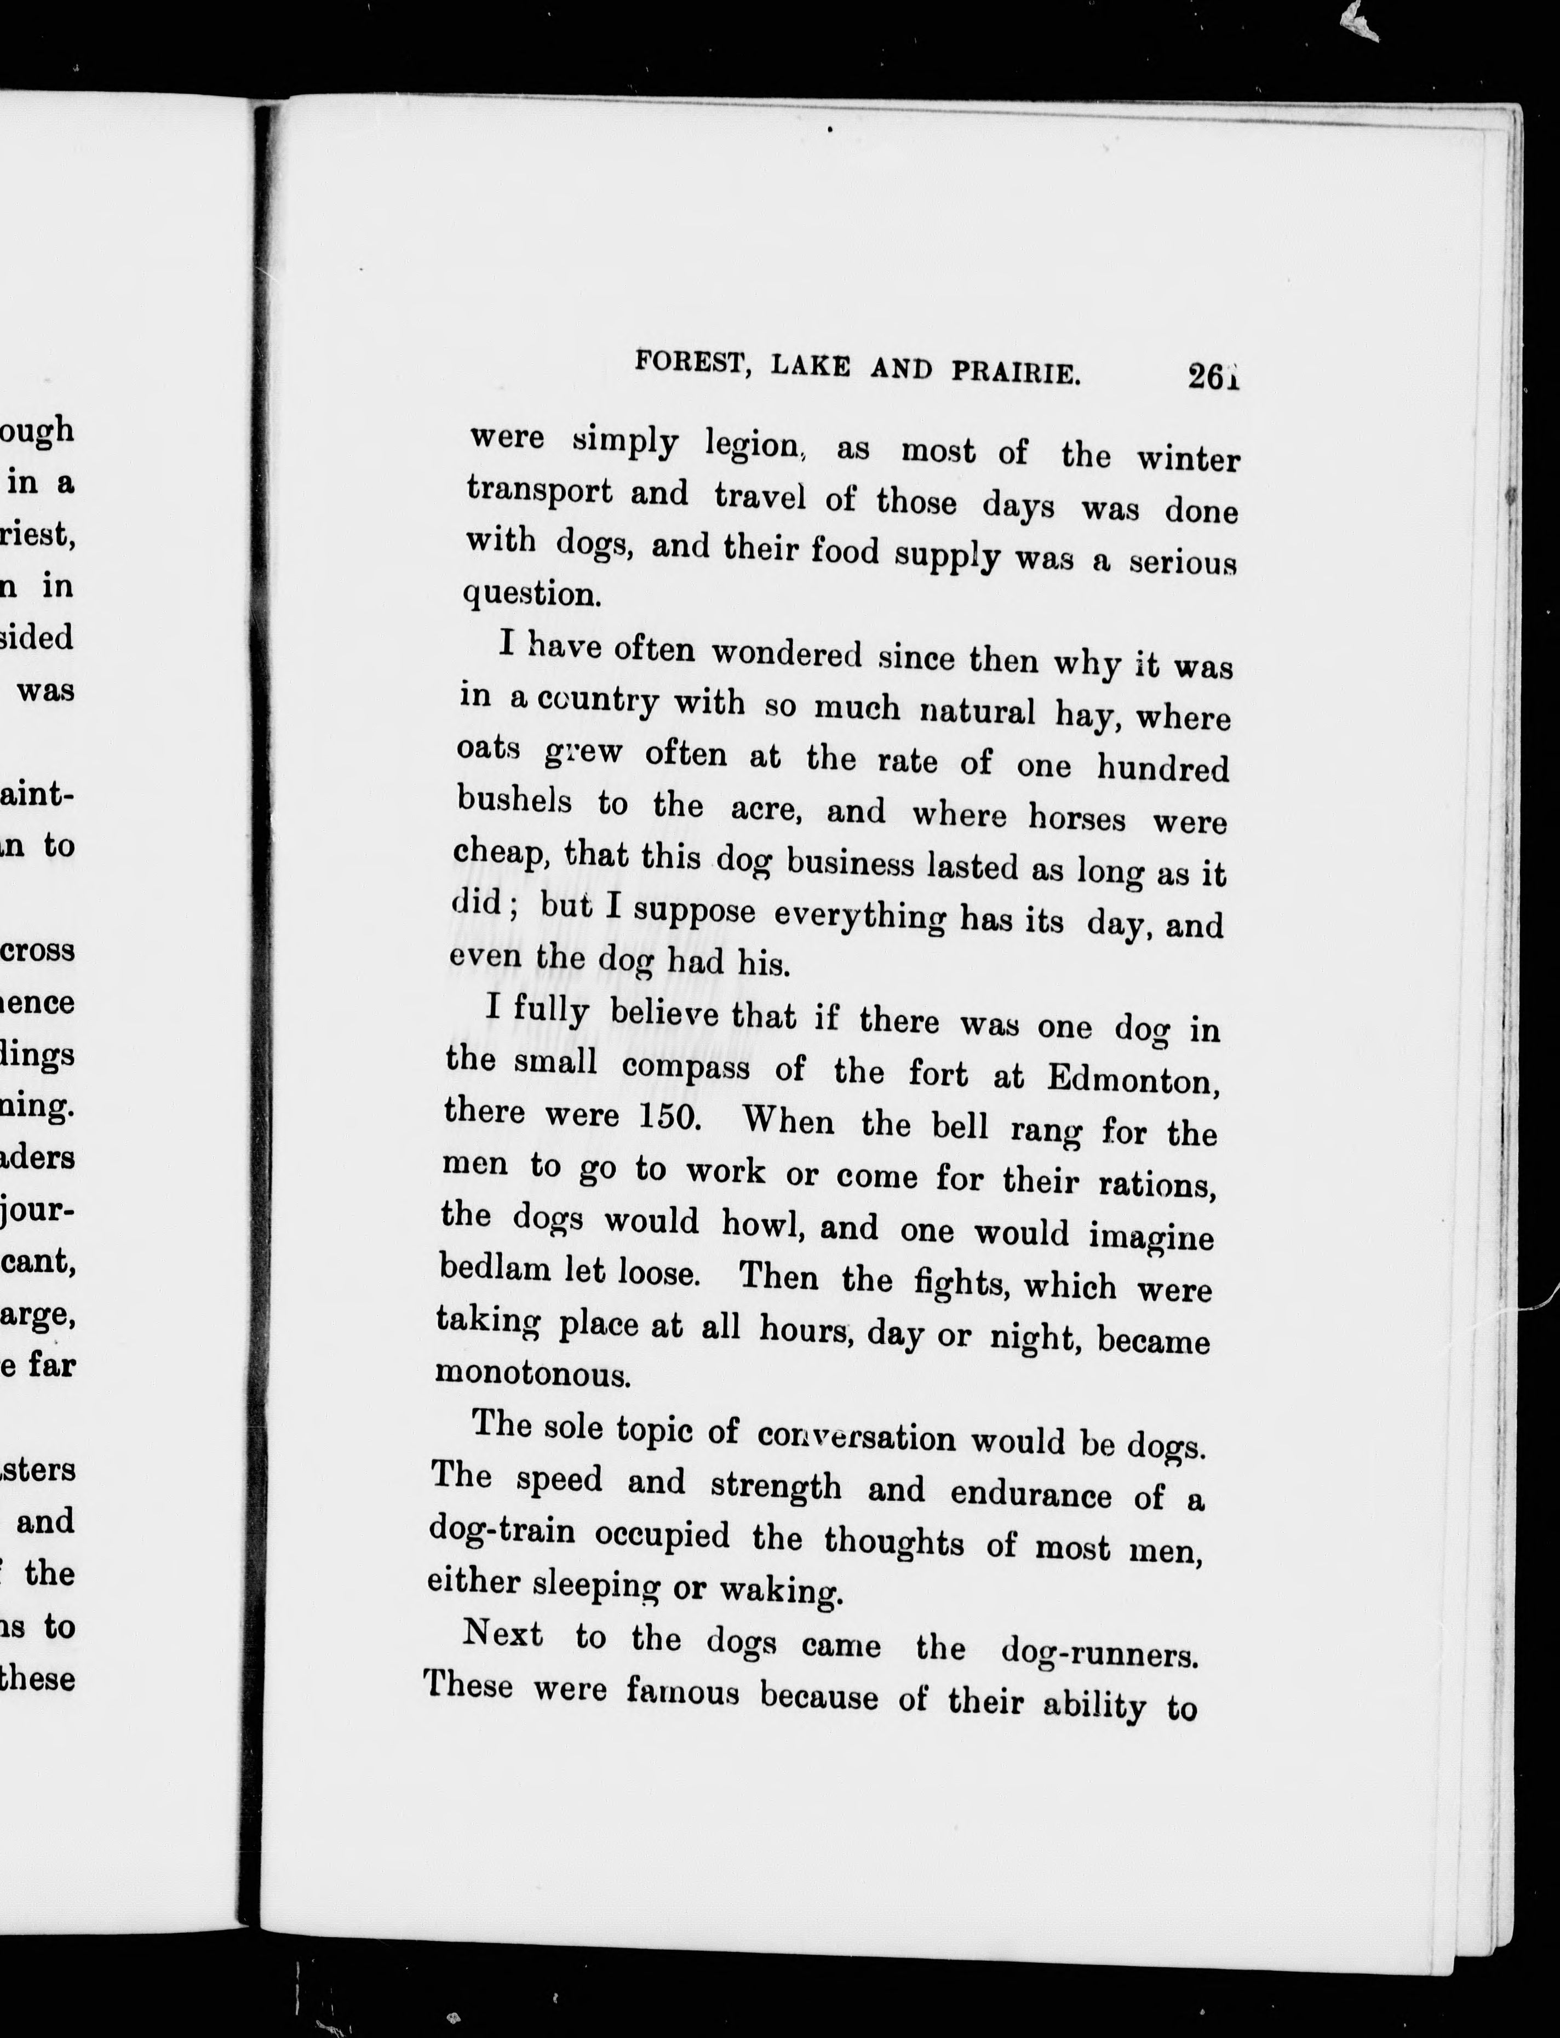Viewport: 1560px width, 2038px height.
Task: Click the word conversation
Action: pyautogui.click(x=855, y=1436)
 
